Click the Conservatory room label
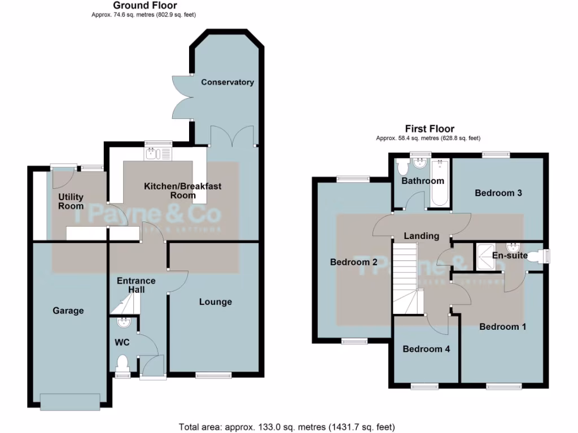coord(227,82)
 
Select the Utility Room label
coord(71,201)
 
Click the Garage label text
coord(68,311)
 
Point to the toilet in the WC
coord(121,361)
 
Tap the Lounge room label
coord(215,302)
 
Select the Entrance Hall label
coord(136,285)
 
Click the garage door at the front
coord(71,400)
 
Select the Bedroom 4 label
coord(426,349)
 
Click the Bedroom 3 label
coord(498,193)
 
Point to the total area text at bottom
coord(287,426)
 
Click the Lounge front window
coord(214,375)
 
